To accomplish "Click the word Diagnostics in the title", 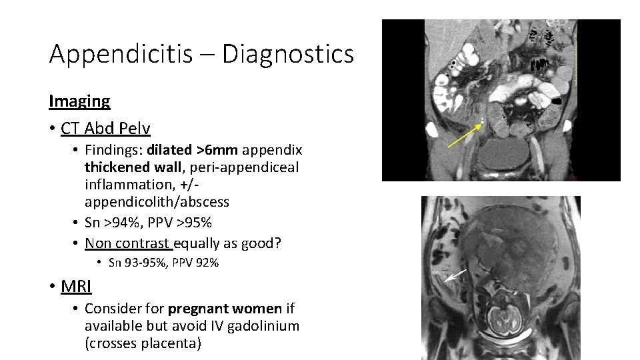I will [x=288, y=54].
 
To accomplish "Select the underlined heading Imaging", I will [x=79, y=101].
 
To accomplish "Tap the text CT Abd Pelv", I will [x=105, y=128].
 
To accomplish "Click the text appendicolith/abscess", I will [x=157, y=201].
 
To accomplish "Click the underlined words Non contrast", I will [x=128, y=243].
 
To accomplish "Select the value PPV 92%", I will [x=197, y=263].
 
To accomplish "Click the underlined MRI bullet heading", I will [x=76, y=287].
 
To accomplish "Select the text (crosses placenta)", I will [x=143, y=343].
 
